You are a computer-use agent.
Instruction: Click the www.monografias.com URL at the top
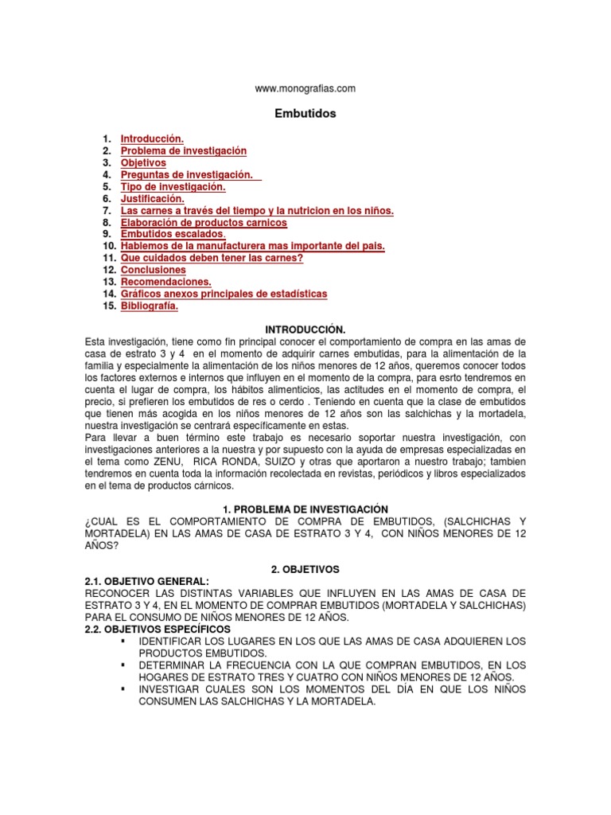tap(305, 88)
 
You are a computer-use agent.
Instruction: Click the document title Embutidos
tap(305, 114)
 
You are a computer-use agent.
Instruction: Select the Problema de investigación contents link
tap(184, 150)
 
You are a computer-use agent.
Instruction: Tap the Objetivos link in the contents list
tap(143, 162)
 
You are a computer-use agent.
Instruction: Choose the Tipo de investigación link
tap(173, 186)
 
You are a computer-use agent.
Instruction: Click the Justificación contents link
tap(153, 198)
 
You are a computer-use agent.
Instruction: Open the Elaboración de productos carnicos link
tap(204, 222)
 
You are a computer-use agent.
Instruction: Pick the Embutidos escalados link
tap(173, 234)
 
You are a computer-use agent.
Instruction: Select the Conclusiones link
tap(154, 270)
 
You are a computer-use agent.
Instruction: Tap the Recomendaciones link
tap(166, 282)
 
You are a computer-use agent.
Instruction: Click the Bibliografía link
tap(150, 306)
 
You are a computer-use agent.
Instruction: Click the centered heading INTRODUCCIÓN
tap(305, 329)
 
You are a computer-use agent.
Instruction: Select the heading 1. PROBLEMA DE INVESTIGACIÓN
tap(305, 509)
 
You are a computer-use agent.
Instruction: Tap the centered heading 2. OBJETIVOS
tap(305, 569)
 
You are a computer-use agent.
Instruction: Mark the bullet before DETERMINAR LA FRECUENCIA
tap(123, 665)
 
